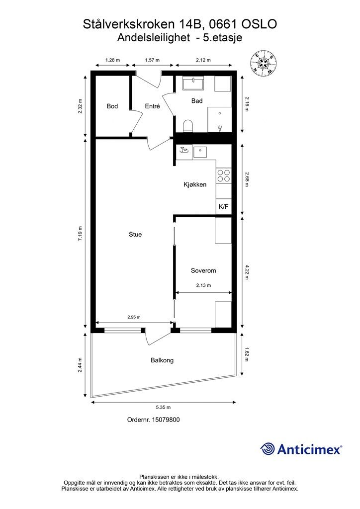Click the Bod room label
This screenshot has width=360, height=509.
pos(112,106)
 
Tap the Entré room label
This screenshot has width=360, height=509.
pos(152,106)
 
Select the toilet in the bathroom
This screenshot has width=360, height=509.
pos(188,126)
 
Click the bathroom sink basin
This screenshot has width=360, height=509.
pos(193,84)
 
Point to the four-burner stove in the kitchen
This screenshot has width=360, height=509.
pos(224,175)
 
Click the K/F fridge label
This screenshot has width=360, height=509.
pos(223,206)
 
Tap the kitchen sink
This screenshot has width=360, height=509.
pos(200,151)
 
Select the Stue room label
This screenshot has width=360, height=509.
pos(135,235)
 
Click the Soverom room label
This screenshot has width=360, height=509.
pos(203,270)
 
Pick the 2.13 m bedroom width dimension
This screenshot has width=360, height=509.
pos(203,285)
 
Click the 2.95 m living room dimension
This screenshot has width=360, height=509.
pos(134,317)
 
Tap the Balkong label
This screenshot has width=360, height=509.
pos(162,360)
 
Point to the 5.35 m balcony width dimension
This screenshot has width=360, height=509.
pos(164,408)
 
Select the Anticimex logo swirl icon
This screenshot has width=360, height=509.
pos(268,449)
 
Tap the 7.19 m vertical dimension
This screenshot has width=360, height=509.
pos(80,233)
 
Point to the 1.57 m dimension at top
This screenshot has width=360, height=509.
pos(152,60)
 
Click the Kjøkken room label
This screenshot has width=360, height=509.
pos(195,184)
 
